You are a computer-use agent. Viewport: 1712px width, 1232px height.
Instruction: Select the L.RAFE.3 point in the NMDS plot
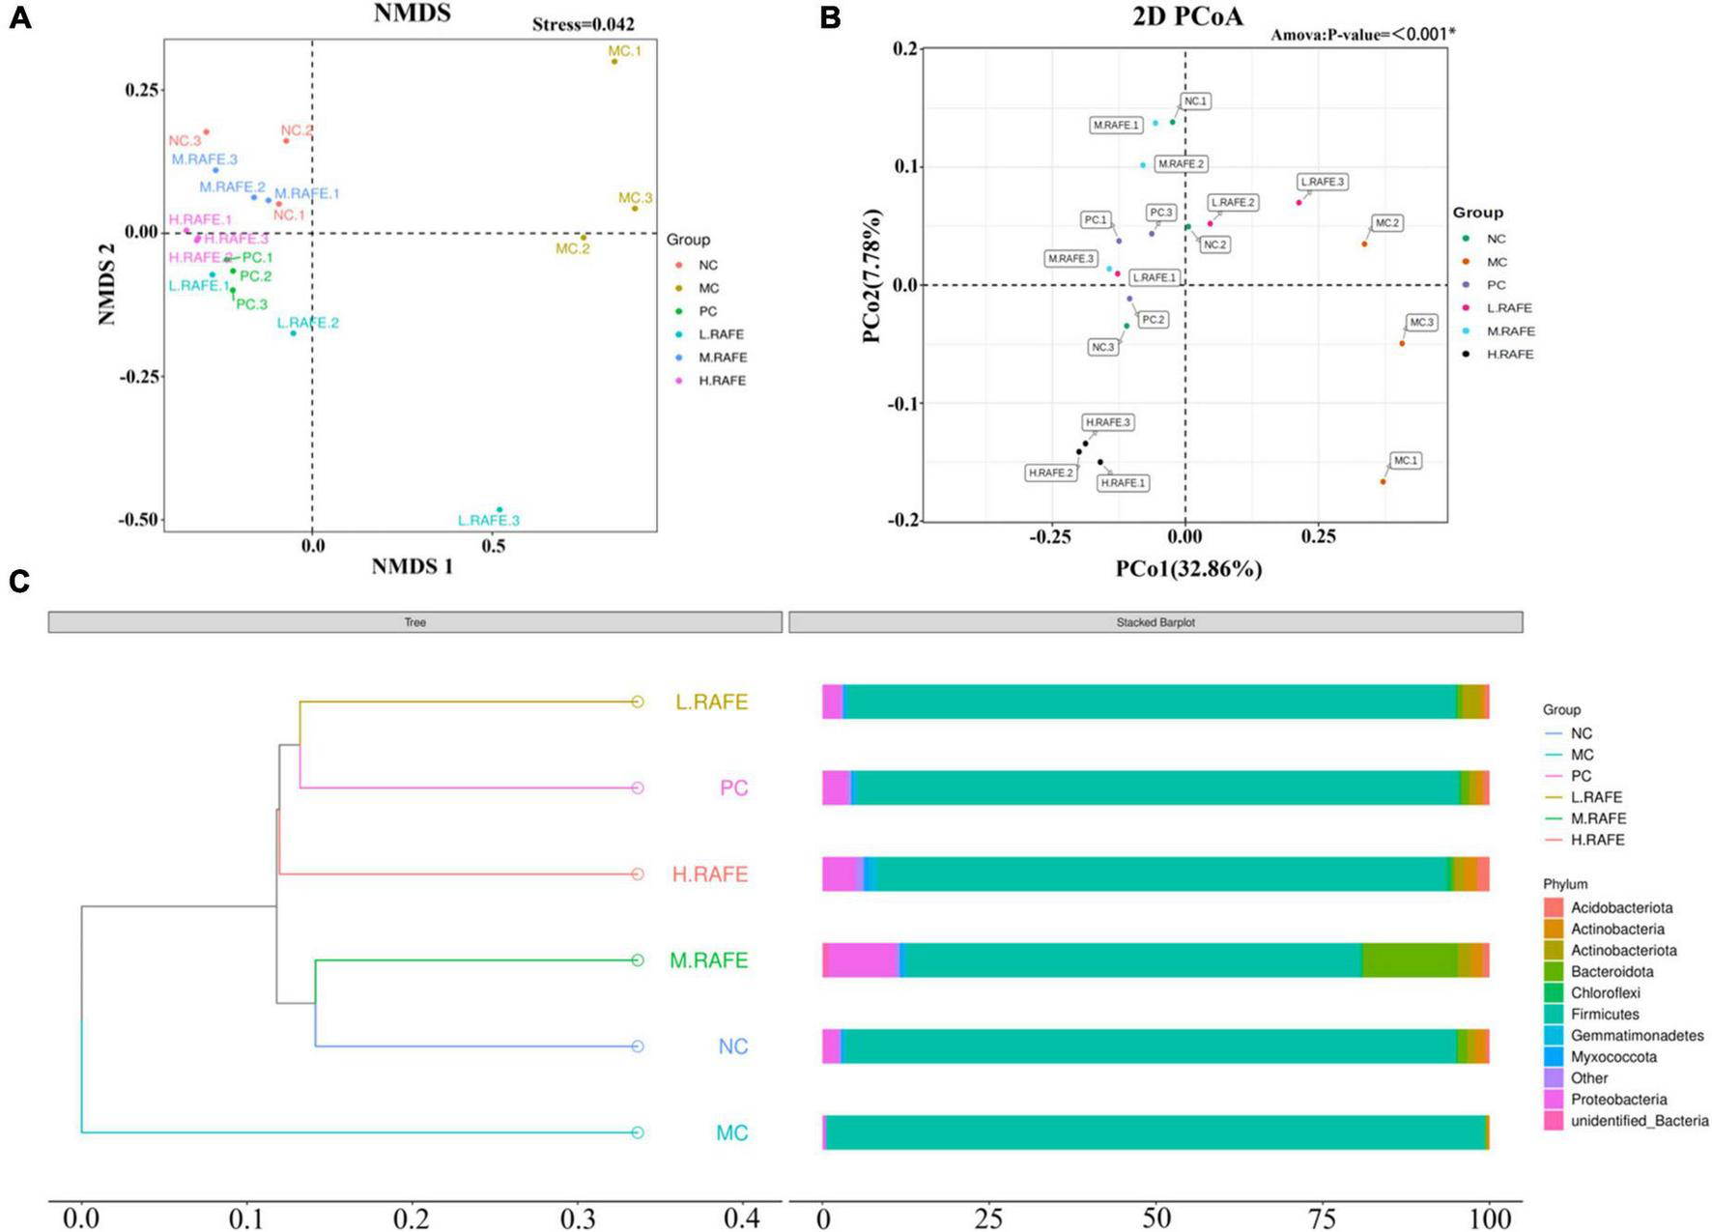coord(499,509)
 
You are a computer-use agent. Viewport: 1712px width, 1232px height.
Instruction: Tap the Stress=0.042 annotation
coord(583,24)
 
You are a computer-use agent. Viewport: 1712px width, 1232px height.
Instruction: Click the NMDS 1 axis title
coord(412,566)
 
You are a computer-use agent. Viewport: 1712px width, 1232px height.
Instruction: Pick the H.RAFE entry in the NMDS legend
coord(722,381)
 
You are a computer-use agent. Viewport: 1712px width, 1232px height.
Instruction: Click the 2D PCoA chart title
coord(1187,16)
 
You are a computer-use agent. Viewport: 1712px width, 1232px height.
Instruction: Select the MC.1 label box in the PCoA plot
coord(1405,461)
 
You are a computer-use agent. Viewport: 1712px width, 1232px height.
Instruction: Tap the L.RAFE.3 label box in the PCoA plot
coord(1322,182)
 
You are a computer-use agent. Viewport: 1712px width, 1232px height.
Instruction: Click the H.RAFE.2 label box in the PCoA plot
coord(1050,473)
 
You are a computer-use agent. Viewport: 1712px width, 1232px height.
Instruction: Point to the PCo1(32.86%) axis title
coord(1188,569)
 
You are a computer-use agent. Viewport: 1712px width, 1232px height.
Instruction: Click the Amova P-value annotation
coord(1362,35)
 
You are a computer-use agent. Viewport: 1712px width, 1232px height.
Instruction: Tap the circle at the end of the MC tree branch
coord(637,1132)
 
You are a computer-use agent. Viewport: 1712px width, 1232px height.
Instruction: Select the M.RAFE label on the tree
coord(708,960)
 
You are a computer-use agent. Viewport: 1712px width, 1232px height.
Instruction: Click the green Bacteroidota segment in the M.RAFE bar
coord(1410,960)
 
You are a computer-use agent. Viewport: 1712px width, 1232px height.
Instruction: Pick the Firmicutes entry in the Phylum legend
coord(1605,1015)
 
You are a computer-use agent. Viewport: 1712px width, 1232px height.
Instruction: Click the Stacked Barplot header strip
coord(1156,622)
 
